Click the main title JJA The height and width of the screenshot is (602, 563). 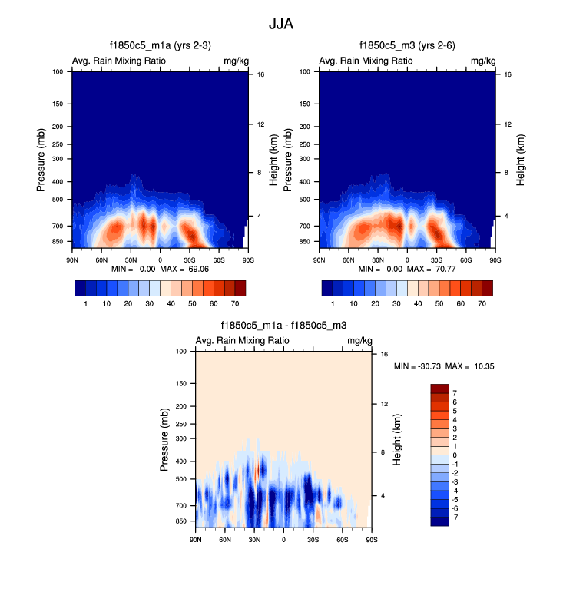pos(281,25)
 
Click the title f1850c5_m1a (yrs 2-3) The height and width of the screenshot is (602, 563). pos(160,46)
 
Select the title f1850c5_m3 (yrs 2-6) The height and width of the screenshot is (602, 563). pos(406,46)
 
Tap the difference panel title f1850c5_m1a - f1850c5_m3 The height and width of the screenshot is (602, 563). pos(283,326)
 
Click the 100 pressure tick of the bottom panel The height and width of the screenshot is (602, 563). pos(182,351)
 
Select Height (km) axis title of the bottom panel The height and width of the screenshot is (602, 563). pos(397,439)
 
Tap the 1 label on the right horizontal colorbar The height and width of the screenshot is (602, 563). pos(333,304)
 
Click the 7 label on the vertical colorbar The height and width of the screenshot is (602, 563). pos(455,392)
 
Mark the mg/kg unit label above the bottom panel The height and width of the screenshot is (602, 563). pos(359,341)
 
